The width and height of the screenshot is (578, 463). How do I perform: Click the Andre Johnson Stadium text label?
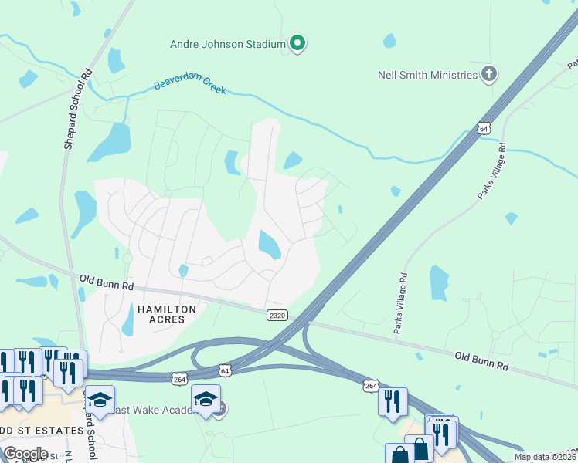pyautogui.click(x=228, y=44)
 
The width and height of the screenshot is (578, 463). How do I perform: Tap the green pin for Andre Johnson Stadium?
pyautogui.click(x=297, y=43)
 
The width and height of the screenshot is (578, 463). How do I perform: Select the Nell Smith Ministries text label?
pyautogui.click(x=427, y=75)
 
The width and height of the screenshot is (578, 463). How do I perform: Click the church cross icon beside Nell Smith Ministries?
pyautogui.click(x=488, y=74)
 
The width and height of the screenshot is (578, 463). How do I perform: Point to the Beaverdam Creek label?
pyautogui.click(x=190, y=85)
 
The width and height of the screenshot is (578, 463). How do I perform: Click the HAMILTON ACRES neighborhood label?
pyautogui.click(x=167, y=313)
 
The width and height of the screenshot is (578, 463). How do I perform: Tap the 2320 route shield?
pyautogui.click(x=278, y=315)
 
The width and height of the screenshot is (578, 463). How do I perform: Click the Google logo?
pyautogui.click(x=25, y=453)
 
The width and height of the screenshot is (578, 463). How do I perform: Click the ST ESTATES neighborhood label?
pyautogui.click(x=42, y=430)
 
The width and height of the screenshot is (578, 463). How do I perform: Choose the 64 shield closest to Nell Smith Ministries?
pyautogui.click(x=483, y=128)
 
